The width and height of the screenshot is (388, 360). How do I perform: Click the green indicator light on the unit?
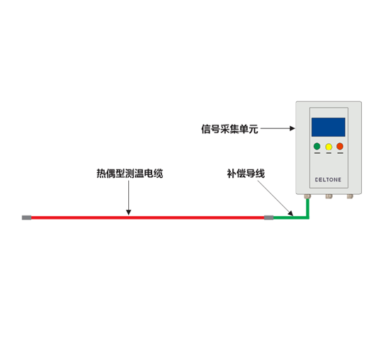point(317,146)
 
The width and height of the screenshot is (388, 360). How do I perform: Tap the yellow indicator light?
point(329,147)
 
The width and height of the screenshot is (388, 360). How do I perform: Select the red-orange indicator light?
point(340,146)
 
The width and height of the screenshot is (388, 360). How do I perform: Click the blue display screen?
point(329,127)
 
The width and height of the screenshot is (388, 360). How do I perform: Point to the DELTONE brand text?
point(328,180)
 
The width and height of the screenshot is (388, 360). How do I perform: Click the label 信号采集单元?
point(229,129)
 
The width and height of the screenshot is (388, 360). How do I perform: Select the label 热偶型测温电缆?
point(130,174)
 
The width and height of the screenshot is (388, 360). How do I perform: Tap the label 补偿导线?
point(246,174)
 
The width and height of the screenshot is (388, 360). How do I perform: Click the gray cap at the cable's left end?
point(26,218)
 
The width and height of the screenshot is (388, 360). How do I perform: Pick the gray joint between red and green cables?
point(269,218)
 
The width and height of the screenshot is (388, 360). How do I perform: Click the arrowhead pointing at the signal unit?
point(292,128)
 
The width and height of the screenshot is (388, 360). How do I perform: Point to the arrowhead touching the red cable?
point(128,213)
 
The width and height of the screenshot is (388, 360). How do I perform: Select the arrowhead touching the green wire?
point(290,213)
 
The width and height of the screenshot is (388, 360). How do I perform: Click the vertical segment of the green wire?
point(308,208)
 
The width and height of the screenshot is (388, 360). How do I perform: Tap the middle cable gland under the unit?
point(329,196)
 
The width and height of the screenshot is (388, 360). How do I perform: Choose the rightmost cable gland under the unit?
point(350,196)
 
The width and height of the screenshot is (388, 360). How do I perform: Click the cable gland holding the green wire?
point(307,196)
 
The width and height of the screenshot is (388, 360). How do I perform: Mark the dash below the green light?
point(317,153)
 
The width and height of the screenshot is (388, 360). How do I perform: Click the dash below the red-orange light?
point(341,153)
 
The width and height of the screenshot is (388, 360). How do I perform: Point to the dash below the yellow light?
point(329,153)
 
